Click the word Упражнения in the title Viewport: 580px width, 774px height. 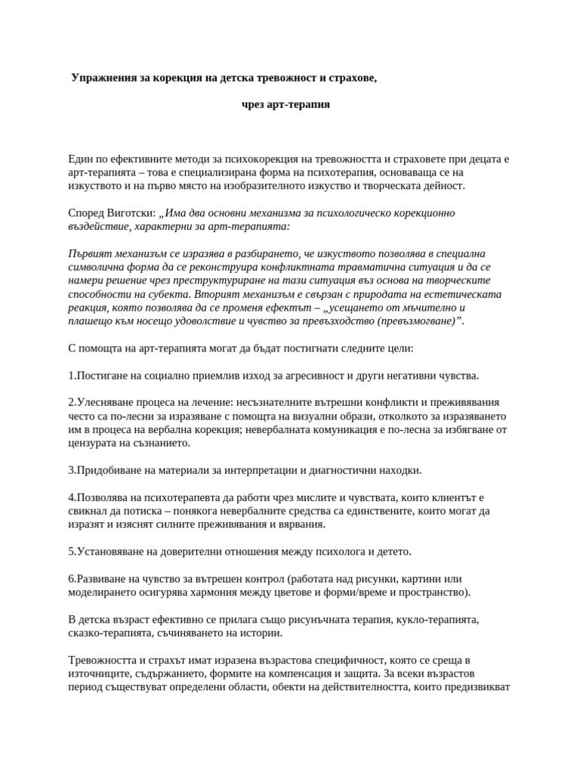[x=103, y=78]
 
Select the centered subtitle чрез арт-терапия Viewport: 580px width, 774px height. [x=285, y=104]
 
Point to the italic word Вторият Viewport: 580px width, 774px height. [x=218, y=294]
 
